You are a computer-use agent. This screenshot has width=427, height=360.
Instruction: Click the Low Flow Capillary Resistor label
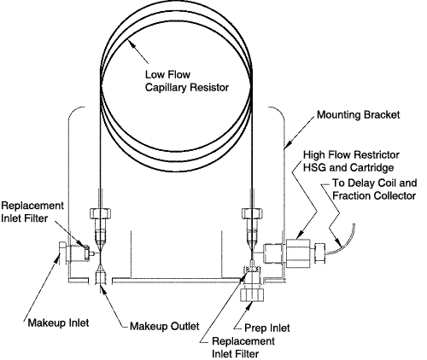[x=187, y=81]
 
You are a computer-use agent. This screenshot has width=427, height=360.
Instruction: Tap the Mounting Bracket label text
[x=359, y=114]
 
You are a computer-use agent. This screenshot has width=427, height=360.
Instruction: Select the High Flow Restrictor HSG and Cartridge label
[x=351, y=161]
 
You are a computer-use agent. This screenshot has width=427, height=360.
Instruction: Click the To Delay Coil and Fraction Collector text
[x=375, y=189]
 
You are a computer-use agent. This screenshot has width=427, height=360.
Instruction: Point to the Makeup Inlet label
[x=58, y=322]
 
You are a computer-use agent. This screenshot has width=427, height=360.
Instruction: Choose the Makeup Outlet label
[x=165, y=326]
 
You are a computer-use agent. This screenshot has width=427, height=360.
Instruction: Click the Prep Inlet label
[x=267, y=328]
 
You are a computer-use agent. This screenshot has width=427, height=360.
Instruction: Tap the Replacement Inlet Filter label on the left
[x=32, y=212]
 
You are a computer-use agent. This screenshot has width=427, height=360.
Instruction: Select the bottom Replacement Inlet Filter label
[x=243, y=347]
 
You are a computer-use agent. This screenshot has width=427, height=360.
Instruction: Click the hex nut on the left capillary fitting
[x=100, y=213]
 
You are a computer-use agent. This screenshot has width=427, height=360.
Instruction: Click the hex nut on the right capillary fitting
[x=252, y=213]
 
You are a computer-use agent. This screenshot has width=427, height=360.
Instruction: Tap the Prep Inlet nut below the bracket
[x=252, y=295]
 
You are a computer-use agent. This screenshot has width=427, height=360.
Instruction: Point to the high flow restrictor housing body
[x=298, y=253]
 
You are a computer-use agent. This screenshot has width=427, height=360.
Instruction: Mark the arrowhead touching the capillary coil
[x=132, y=43]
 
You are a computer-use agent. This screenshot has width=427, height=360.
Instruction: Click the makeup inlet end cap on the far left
[x=62, y=253]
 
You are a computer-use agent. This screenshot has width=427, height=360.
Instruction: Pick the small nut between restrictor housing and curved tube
[x=320, y=253]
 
